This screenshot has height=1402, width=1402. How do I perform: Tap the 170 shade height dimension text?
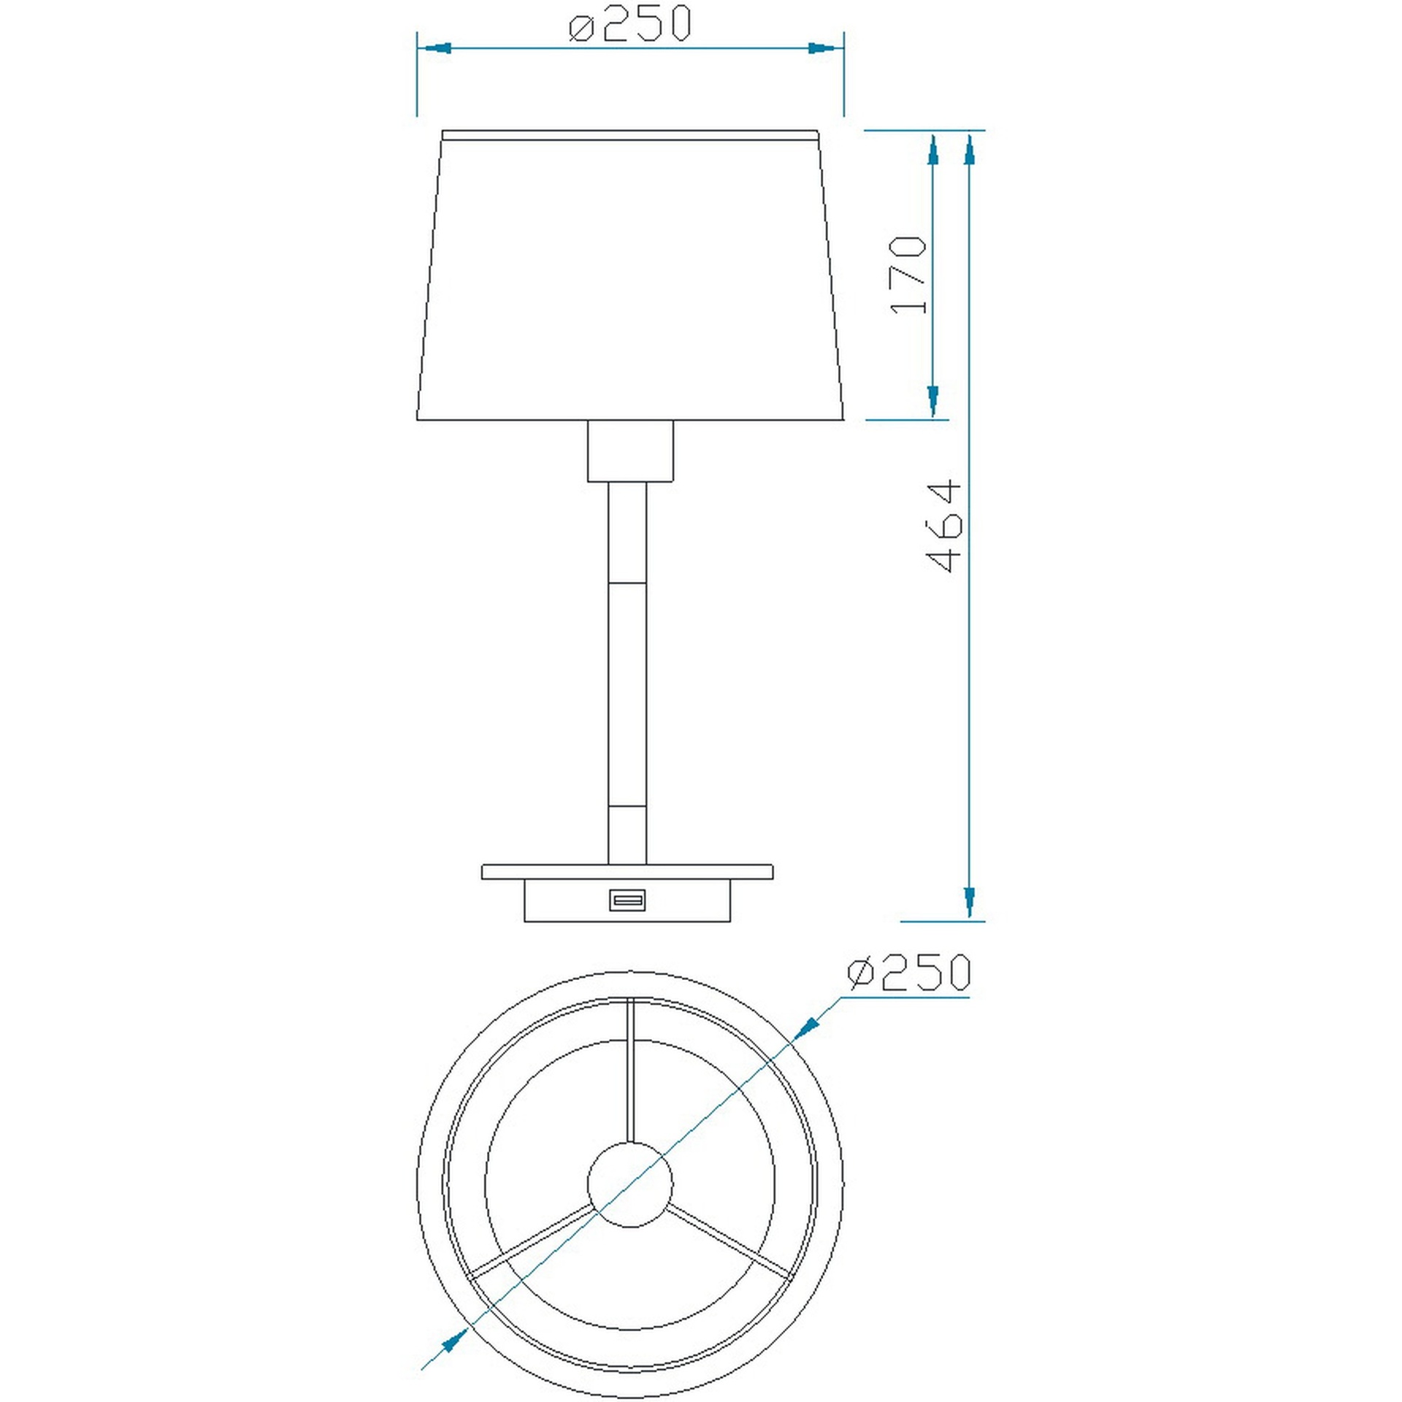pos(908,275)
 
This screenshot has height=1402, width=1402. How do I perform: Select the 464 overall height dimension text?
pos(943,525)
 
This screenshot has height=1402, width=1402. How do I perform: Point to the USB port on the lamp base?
pos(627,900)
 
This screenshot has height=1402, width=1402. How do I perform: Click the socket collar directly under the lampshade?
pos(629,451)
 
